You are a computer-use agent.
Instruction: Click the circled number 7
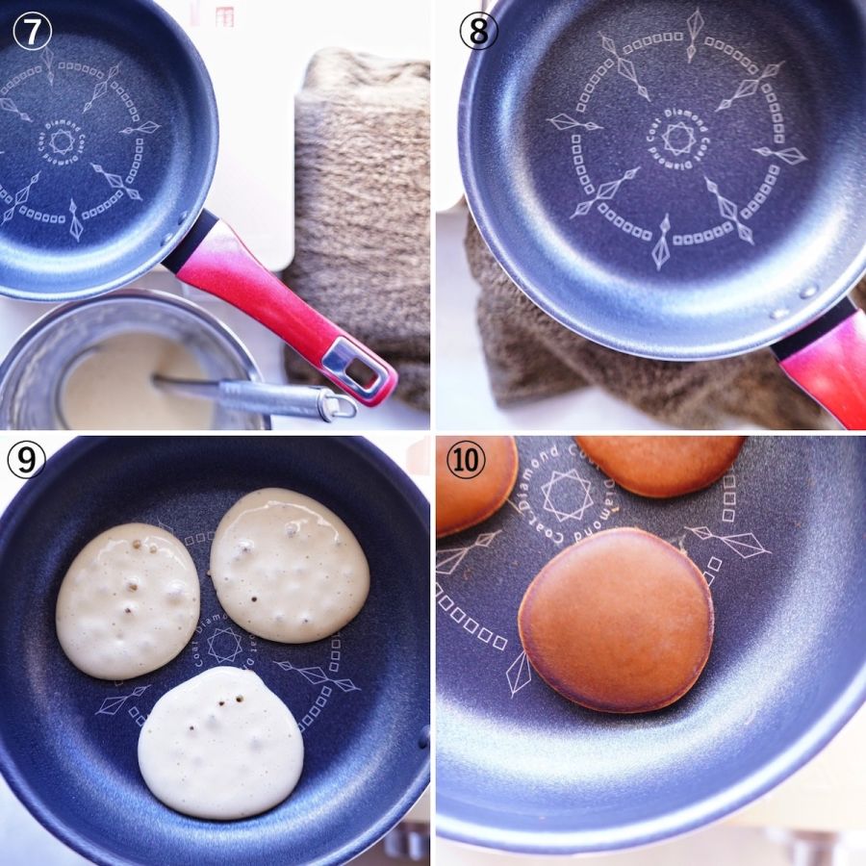pyautogui.click(x=32, y=32)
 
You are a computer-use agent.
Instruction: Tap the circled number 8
pyautogui.click(x=479, y=32)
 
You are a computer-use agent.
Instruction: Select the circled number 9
pyautogui.click(x=26, y=460)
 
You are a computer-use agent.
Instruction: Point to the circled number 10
pyautogui.click(x=466, y=460)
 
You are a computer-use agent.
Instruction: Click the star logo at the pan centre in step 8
pyautogui.click(x=678, y=138)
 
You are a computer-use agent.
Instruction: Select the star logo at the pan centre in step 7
pyautogui.click(x=62, y=142)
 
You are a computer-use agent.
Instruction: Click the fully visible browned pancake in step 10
pyautogui.click(x=616, y=620)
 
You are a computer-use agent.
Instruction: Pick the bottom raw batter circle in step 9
pyautogui.click(x=220, y=742)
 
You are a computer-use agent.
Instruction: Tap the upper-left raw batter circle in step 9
pyautogui.click(x=128, y=601)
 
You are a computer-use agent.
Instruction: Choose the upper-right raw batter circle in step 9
pyautogui.click(x=290, y=565)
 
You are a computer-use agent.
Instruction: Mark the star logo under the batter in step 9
pyautogui.click(x=225, y=645)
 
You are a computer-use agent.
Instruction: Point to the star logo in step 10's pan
pyautogui.click(x=567, y=496)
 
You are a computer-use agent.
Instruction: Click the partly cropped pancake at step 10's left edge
pyautogui.click(x=475, y=487)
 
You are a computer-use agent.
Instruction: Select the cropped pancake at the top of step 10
pyautogui.click(x=660, y=465)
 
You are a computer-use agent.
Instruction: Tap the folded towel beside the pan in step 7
pyautogui.click(x=360, y=221)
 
